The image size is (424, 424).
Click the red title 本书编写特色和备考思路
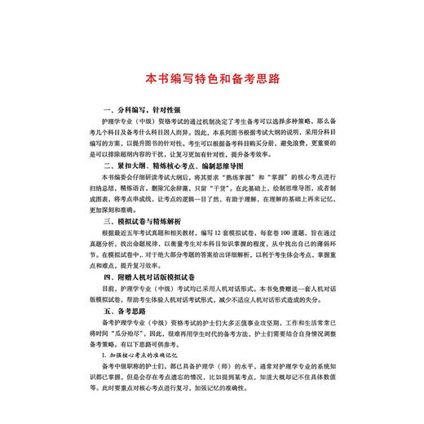pos(212,79)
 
